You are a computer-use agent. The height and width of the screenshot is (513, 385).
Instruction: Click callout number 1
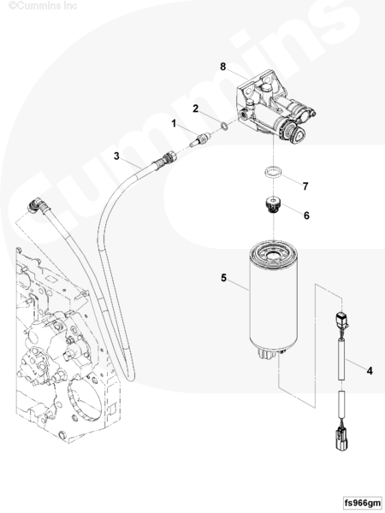174,123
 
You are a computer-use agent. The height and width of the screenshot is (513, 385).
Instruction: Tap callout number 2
195,109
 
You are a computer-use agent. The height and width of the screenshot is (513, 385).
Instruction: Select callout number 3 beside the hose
116,156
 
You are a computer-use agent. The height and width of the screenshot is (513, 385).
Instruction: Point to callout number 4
370,371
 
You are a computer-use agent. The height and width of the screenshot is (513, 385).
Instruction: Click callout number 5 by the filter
223,278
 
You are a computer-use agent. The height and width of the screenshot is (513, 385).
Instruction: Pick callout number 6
306,215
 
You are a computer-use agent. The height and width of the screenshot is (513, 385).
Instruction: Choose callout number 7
305,186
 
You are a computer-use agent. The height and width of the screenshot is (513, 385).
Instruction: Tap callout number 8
223,67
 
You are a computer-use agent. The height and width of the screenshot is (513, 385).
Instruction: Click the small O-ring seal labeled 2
224,126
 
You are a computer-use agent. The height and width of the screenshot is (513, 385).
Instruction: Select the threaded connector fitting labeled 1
198,139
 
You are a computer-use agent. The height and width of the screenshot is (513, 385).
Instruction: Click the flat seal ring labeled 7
274,173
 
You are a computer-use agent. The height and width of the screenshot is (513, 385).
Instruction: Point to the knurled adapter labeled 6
272,204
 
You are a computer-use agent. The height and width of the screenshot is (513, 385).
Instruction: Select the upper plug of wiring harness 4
341,321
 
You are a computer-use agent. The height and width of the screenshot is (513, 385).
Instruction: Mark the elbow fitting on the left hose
38,205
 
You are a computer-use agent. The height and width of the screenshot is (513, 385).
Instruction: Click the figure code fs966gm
363,502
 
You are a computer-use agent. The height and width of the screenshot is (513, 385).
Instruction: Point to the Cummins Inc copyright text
43,6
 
